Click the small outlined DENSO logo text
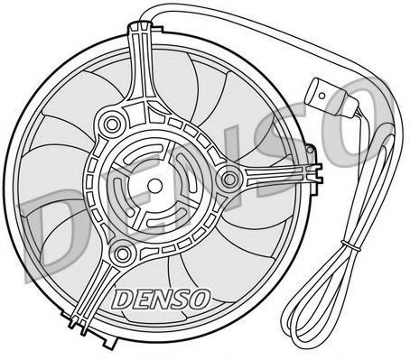click(162, 299)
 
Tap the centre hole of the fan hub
click(154, 185)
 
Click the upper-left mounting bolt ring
click(112, 124)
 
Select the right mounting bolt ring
click(229, 180)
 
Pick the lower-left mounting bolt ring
click(123, 254)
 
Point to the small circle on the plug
click(321, 96)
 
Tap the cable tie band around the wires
click(350, 245)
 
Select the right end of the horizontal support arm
click(320, 173)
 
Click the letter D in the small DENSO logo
click(123, 300)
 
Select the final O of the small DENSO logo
click(200, 299)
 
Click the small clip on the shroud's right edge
click(312, 151)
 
